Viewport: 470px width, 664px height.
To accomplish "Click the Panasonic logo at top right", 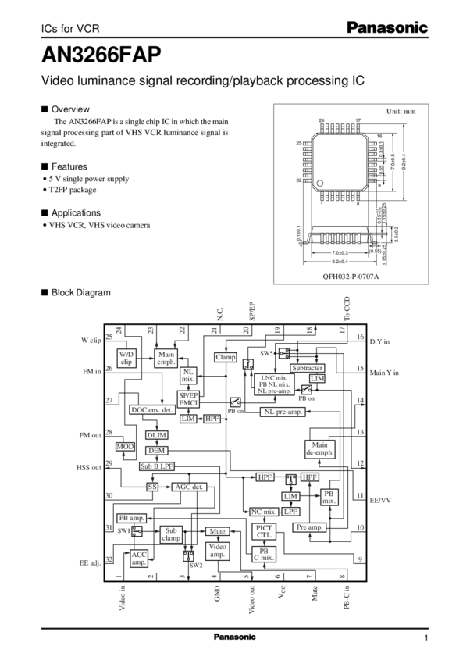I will tap(388, 28).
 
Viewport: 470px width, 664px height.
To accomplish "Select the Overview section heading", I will tap(70, 109).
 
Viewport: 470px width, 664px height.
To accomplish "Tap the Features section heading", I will tap(69, 167).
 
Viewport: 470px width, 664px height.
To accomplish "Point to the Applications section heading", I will tap(76, 212).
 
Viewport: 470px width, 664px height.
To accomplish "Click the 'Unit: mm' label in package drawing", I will tap(401, 111).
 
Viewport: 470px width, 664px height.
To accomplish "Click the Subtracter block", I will tap(308, 368).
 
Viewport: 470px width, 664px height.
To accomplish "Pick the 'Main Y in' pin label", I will tap(383, 373).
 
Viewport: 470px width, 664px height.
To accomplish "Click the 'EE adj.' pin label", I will tap(90, 561).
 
